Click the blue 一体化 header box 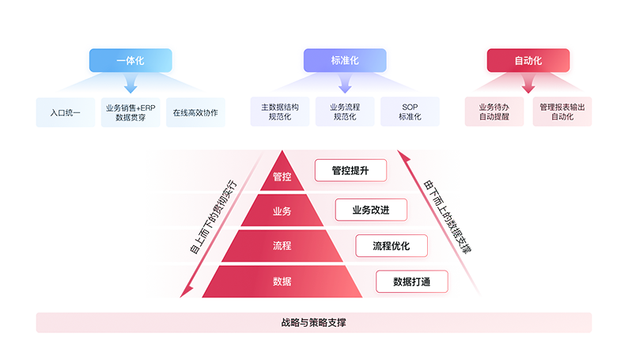pyautogui.click(x=127, y=60)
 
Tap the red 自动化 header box pyautogui.click(x=528, y=60)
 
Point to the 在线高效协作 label pyautogui.click(x=195, y=112)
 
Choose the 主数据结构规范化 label pyautogui.click(x=279, y=112)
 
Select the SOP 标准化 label pyautogui.click(x=409, y=112)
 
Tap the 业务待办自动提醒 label pyautogui.click(x=495, y=112)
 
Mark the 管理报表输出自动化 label pyautogui.click(x=562, y=112)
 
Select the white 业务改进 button pyautogui.click(x=371, y=210)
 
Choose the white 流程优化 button pyautogui.click(x=392, y=246)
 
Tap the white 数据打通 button pyautogui.click(x=411, y=282)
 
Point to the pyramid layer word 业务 pyautogui.click(x=282, y=211)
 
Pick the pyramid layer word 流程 pyautogui.click(x=282, y=246)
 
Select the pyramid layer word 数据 pyautogui.click(x=282, y=282)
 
